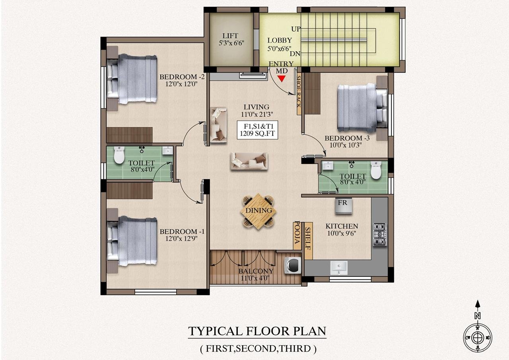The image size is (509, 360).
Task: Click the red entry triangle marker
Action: pos(282,79)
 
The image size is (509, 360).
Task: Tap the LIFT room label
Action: pos(230,36)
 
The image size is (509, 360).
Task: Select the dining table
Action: pos(258,211)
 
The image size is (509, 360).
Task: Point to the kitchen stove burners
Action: pos(380,234)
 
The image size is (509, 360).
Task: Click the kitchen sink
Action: pos(339,268)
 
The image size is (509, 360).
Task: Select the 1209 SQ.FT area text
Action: pos(257,134)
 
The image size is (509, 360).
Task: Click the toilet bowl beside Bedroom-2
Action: pos(119,155)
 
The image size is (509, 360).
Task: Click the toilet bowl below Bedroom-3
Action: pos(376,170)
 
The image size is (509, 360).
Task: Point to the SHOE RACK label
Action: pos(299,91)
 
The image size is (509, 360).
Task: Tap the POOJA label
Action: pos(297,232)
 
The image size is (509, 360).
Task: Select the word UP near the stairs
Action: pos(296,29)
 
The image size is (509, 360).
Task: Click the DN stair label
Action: pos(295,54)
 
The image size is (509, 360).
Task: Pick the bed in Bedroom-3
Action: pos(362,108)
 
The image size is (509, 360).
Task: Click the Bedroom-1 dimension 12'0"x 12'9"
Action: pos(181,238)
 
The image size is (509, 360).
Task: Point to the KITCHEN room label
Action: pos(342,226)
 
